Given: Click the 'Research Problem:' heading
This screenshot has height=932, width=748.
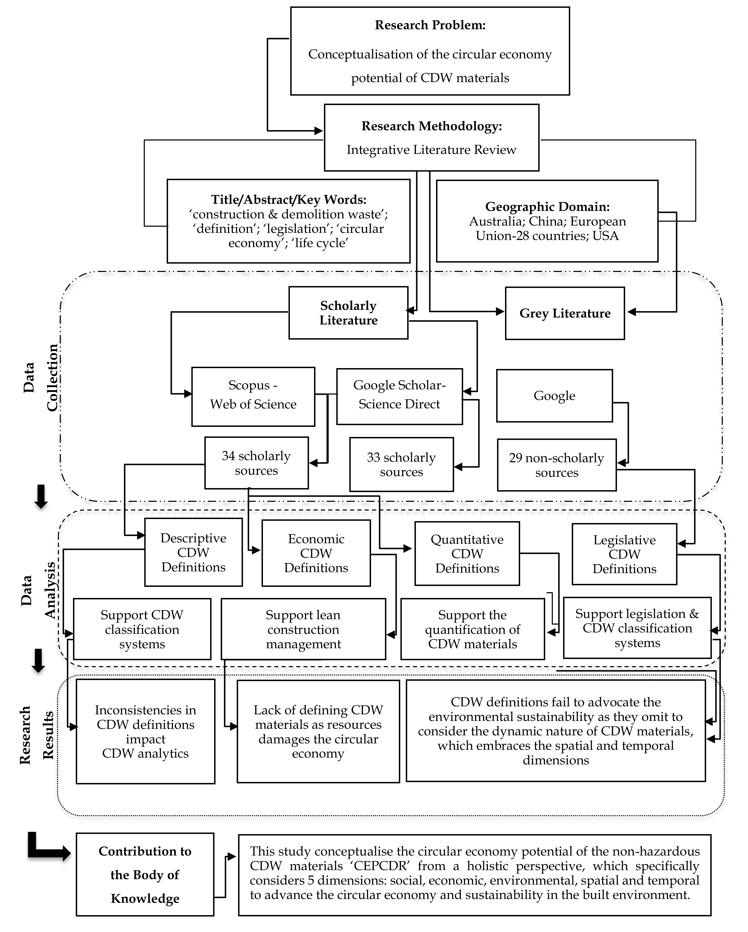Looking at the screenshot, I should [x=430, y=25].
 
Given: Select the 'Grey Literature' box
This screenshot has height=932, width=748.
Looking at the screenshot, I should [x=565, y=313].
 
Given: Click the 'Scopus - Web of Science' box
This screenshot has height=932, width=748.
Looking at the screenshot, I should [x=253, y=395].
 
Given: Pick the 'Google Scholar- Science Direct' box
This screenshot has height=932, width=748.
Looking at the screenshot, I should [x=399, y=395].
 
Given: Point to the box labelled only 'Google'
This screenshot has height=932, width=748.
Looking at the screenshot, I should [x=554, y=396].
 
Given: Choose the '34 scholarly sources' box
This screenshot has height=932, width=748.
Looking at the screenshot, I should [x=256, y=463].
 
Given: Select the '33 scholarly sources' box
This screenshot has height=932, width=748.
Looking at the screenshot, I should [x=401, y=464].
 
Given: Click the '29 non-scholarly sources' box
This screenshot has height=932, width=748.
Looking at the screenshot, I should [x=557, y=465].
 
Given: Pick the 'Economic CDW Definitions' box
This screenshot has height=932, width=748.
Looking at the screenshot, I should [x=316, y=553].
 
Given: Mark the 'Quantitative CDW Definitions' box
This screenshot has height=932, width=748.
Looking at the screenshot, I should [x=467, y=554].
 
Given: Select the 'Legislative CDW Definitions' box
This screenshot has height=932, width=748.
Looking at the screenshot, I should [x=624, y=554].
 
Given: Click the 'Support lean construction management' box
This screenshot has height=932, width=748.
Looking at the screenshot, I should [x=303, y=629].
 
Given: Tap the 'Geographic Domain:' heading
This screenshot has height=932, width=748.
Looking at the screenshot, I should [x=547, y=207].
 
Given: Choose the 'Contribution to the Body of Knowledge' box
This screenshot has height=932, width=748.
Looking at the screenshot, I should [x=145, y=875].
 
